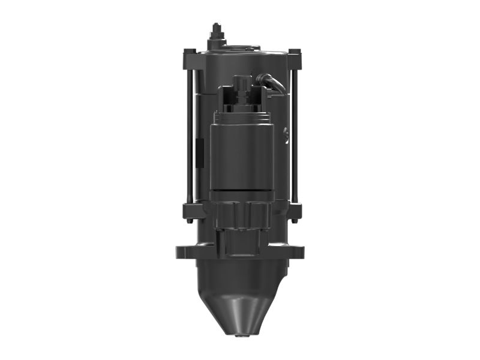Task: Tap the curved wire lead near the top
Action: tap(273, 82)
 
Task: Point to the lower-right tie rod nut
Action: tap(294, 211)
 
